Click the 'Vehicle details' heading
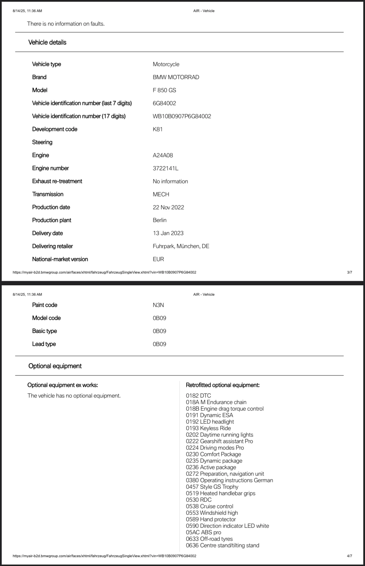(47, 42)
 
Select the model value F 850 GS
(164, 90)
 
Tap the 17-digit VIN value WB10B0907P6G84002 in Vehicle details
(182, 116)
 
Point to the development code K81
(158, 129)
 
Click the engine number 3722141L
(166, 168)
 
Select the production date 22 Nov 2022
(168, 207)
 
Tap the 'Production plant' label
(51, 220)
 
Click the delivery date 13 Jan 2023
(168, 233)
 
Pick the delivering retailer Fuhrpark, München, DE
(181, 246)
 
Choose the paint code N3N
(158, 305)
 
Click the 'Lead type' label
(44, 344)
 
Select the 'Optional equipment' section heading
(55, 366)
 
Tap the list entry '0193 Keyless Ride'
(208, 428)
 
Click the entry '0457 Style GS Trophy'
(212, 487)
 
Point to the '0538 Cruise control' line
(209, 506)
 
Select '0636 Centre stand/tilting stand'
(222, 545)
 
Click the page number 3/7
(349, 272)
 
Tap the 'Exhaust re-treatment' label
(57, 181)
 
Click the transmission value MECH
(161, 194)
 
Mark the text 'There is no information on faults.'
(66, 24)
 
